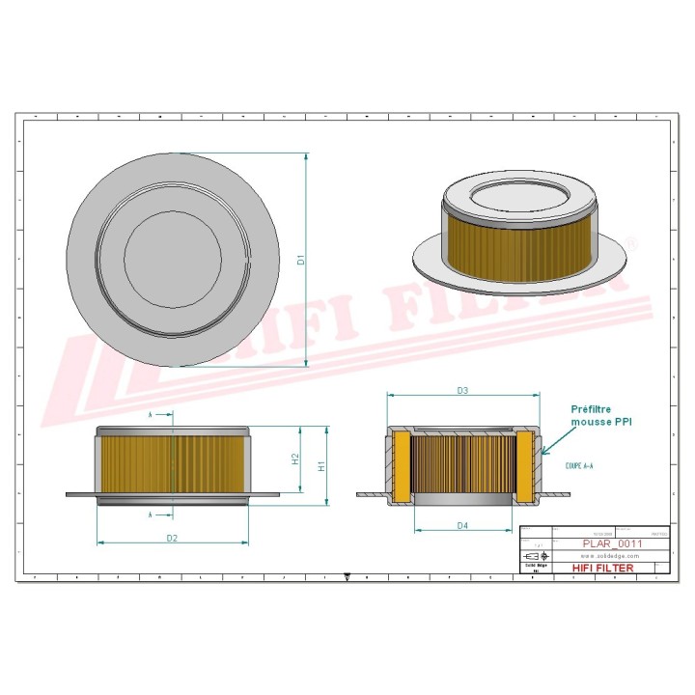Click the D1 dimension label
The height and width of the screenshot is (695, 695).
click(300, 260)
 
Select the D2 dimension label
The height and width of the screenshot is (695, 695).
click(171, 537)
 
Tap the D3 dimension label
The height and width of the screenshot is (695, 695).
click(462, 391)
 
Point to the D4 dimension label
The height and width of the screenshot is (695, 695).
click(462, 526)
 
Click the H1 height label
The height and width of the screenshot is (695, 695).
click(322, 465)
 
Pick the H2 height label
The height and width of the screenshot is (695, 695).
click(295, 459)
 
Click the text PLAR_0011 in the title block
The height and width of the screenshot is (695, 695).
click(611, 543)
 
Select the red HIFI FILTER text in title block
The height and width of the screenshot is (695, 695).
click(603, 568)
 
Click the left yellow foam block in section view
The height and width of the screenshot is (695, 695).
click(402, 467)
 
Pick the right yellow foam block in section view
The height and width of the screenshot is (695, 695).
click(524, 467)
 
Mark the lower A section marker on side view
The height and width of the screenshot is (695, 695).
click(152, 515)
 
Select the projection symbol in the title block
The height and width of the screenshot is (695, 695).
click(533, 557)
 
